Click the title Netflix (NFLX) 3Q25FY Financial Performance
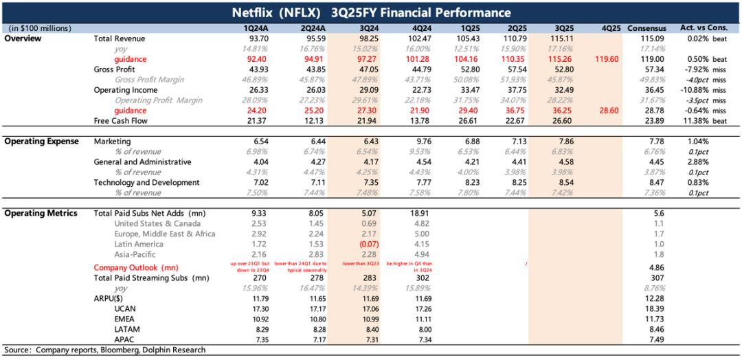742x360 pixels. (371, 12)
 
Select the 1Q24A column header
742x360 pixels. (256, 28)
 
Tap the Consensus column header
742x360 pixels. (647, 28)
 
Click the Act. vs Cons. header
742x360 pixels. (704, 28)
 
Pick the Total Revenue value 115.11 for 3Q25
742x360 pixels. (557, 38)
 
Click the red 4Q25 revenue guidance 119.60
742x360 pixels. (605, 59)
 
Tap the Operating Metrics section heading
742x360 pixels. (41, 213)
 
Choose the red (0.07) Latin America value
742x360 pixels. (364, 244)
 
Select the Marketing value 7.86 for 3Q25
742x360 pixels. (557, 141)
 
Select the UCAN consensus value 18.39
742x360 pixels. (647, 309)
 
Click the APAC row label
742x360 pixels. (125, 340)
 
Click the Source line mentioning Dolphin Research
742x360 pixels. (104, 350)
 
